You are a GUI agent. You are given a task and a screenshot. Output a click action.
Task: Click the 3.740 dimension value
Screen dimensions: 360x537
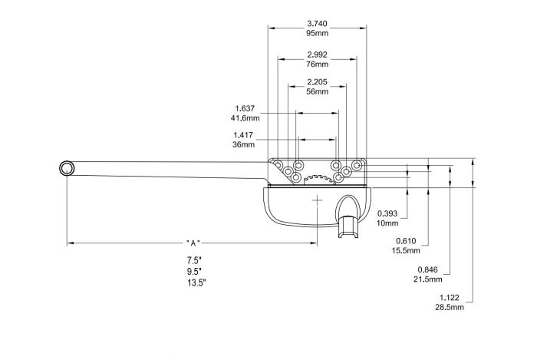click(317, 24)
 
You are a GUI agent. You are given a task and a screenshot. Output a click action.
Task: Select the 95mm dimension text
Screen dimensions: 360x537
click(317, 34)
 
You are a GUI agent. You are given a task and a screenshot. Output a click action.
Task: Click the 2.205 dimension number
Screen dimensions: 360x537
click(317, 81)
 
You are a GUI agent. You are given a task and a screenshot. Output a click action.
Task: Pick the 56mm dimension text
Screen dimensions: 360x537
click(317, 91)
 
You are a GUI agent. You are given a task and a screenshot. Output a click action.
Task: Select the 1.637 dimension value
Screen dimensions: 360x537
click(245, 108)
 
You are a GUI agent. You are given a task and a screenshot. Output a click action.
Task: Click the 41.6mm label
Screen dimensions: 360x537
click(245, 118)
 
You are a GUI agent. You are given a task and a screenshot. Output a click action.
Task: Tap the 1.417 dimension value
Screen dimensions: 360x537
click(245, 134)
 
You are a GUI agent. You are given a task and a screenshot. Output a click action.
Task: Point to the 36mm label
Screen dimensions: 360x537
click(243, 144)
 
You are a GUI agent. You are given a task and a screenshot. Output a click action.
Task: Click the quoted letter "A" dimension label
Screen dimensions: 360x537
click(194, 243)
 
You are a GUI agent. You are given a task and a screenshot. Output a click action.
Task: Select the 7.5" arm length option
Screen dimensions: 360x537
click(195, 260)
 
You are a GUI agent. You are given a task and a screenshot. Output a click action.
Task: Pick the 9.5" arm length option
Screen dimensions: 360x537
click(195, 271)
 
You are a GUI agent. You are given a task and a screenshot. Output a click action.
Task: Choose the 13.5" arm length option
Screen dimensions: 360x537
click(196, 282)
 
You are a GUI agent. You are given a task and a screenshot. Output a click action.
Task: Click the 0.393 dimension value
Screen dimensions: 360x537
click(388, 213)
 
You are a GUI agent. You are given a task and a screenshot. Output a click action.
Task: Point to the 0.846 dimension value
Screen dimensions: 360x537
click(427, 269)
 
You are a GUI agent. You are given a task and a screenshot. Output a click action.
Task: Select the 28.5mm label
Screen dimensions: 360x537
click(451, 307)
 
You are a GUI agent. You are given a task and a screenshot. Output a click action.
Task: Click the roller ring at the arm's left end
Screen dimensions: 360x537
click(68, 168)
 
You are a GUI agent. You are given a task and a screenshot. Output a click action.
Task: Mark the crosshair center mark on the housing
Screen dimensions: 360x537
click(318, 199)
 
